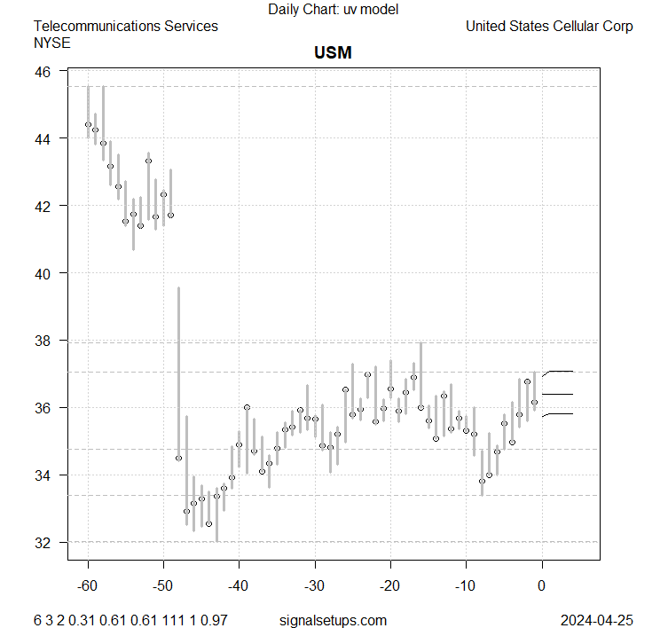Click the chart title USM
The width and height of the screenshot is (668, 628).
coord(333,52)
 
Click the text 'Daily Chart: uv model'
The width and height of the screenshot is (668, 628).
coord(333,10)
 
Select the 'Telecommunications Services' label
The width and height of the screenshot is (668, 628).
coord(125,26)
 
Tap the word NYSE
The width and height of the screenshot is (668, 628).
coord(51,42)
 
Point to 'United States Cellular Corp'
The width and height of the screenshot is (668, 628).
coord(549,26)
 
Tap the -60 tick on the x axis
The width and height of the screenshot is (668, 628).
coord(88,585)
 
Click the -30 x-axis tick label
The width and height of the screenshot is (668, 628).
coord(315,585)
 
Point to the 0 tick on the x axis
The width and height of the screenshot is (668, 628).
coord(541,585)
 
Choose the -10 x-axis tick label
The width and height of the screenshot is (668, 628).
coord(466,585)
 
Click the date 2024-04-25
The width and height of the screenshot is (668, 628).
coord(597,620)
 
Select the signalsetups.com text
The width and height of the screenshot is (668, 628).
coord(333,620)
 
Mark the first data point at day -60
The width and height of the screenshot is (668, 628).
coord(88,124)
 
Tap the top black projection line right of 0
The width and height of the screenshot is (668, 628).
coord(561,371)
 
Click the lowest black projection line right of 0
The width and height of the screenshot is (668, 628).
coord(561,413)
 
